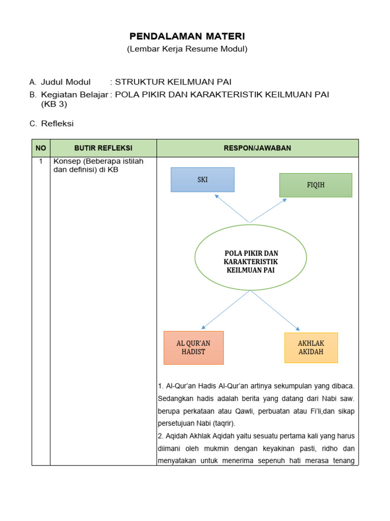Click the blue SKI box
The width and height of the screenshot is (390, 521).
[x=203, y=180]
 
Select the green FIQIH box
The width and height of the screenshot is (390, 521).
[x=315, y=185]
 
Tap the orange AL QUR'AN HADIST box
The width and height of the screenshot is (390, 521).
[x=193, y=348]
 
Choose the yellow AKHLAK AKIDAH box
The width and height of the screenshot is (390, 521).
[x=311, y=348]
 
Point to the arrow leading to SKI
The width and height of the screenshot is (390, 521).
[x=232, y=209]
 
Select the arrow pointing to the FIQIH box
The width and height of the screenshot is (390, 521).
[x=268, y=210]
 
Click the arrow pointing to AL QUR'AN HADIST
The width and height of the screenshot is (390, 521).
[x=226, y=310]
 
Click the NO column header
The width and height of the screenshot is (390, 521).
[x=41, y=148]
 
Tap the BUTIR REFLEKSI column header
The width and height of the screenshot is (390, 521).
[x=103, y=148]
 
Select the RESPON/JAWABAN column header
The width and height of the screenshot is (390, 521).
[x=257, y=148]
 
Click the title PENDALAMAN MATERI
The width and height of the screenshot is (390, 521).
[x=187, y=36]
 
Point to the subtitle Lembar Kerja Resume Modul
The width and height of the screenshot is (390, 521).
[x=187, y=49]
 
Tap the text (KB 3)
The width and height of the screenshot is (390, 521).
[x=54, y=104]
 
